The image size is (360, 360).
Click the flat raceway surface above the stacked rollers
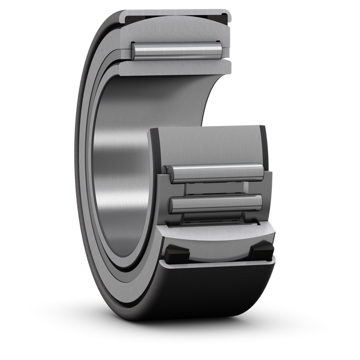pos(207,144)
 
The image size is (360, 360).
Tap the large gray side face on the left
pos(90,180)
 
